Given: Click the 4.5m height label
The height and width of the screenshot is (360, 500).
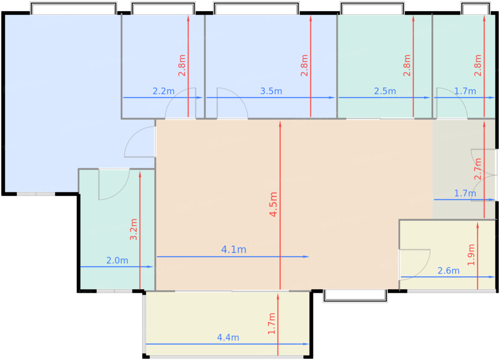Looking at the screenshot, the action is [x=274, y=204].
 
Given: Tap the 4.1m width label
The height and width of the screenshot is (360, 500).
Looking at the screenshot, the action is [x=234, y=250].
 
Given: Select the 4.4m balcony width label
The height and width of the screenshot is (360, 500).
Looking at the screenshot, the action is [x=228, y=338].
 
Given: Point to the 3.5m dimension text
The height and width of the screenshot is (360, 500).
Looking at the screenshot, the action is [x=271, y=91].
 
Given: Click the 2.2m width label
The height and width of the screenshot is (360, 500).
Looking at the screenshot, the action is [x=164, y=91].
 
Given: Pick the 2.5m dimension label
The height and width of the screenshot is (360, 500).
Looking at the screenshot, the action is [x=385, y=91].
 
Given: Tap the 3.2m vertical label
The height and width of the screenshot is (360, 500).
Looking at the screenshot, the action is [x=134, y=229].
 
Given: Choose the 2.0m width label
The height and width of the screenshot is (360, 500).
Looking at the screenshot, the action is [x=117, y=260].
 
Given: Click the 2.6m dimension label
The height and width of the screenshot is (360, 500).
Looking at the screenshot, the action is [x=449, y=271].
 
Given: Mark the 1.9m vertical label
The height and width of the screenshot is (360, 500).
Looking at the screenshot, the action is [x=471, y=255].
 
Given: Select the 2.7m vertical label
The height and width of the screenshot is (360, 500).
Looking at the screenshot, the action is [x=478, y=169].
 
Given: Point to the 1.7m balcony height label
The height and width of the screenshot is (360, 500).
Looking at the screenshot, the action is [x=272, y=324].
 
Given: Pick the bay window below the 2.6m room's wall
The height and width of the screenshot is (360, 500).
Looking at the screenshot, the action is [x=355, y=296].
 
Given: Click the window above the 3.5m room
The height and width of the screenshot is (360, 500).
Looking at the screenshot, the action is [x=256, y=8].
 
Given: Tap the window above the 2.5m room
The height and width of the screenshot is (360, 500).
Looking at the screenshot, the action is [x=372, y=8].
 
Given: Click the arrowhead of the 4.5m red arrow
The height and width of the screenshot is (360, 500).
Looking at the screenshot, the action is [x=280, y=124].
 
